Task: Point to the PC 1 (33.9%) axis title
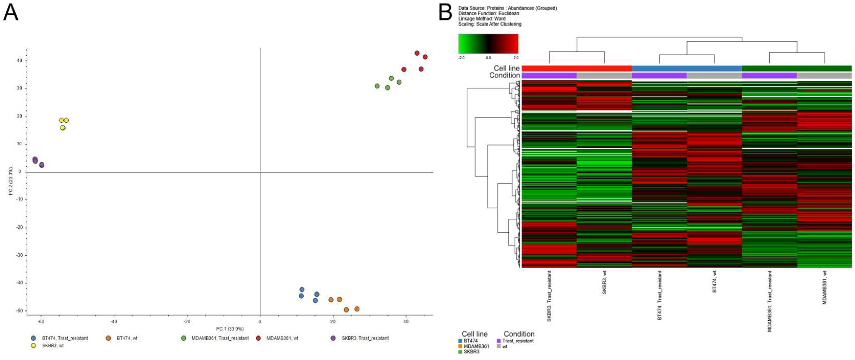tap(230, 329)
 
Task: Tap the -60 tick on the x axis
tap(41, 321)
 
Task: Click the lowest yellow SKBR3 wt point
tap(62, 128)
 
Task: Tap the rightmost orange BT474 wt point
tap(357, 309)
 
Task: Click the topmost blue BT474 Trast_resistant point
tap(302, 290)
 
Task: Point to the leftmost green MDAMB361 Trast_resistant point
tap(377, 86)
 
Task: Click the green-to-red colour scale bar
tap(488, 43)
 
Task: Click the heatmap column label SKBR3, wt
tap(604, 282)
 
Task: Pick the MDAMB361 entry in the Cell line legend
tap(476, 346)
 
